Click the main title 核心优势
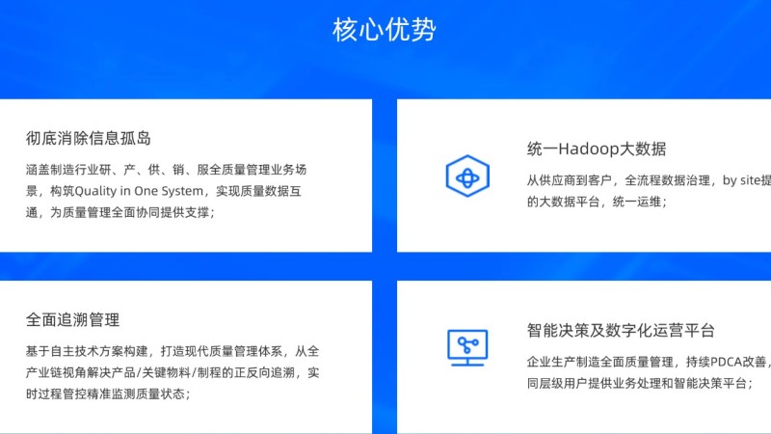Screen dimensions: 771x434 click(x=384, y=30)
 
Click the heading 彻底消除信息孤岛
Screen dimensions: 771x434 click(x=89, y=138)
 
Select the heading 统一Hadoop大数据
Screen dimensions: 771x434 click(x=597, y=149)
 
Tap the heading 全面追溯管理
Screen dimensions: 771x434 click(x=73, y=320)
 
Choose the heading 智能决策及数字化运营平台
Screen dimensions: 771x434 click(x=621, y=330)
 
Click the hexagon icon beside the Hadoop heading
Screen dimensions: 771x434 click(x=467, y=176)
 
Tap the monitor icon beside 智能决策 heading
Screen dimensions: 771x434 click(x=467, y=348)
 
